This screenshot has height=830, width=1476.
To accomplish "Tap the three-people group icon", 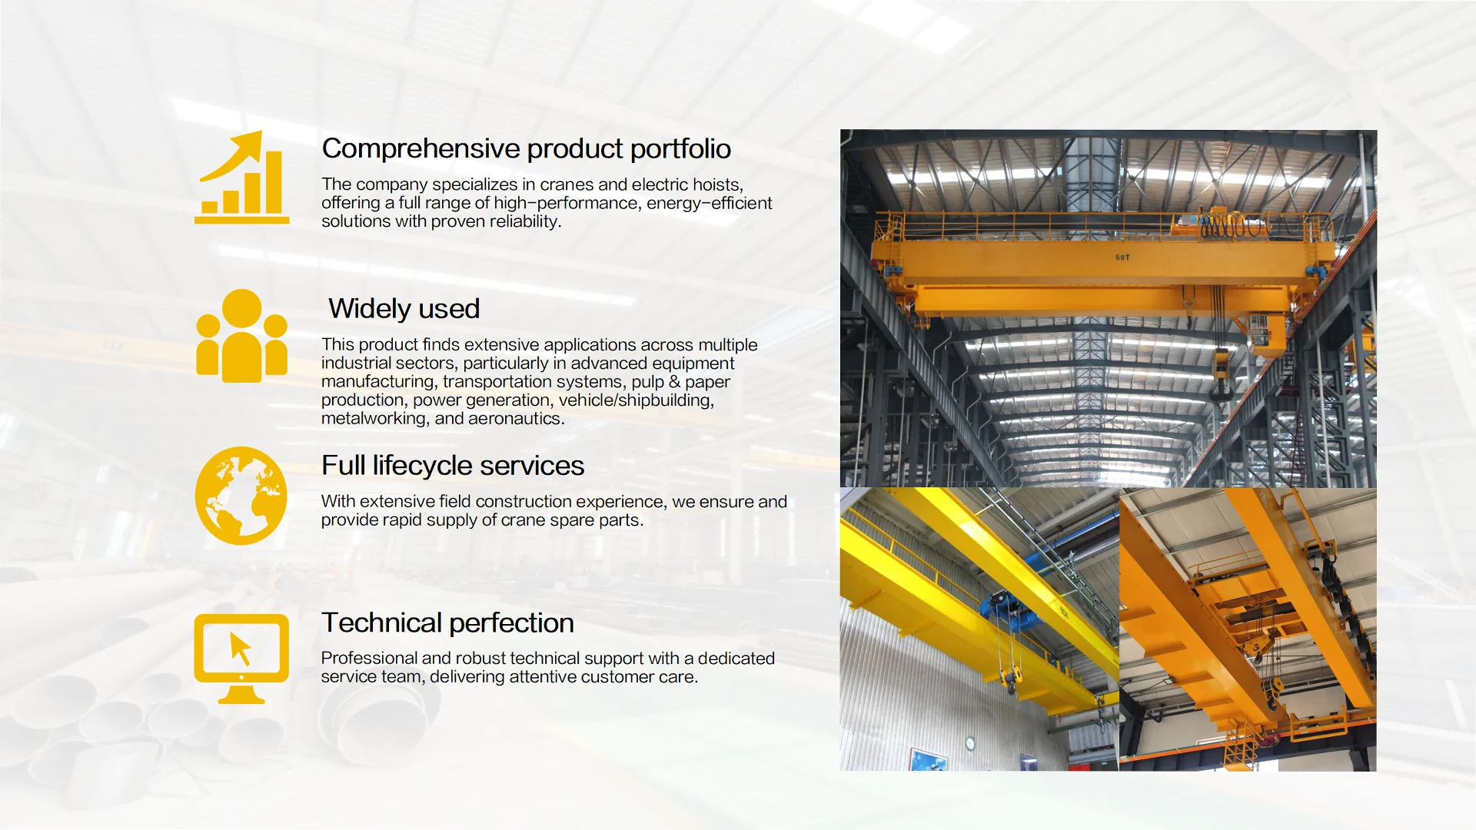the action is (x=241, y=336).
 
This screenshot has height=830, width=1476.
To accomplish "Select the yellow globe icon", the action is (x=241, y=496).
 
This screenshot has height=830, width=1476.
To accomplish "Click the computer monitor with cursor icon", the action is (x=241, y=659).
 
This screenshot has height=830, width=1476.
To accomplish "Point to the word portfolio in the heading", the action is (x=680, y=149).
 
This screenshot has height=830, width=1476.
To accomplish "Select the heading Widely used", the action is (x=404, y=309).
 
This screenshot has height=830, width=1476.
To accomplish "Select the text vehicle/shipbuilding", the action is (x=637, y=400).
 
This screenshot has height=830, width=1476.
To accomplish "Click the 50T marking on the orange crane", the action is (x=1122, y=257).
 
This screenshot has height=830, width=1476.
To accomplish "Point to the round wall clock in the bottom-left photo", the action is (x=970, y=743).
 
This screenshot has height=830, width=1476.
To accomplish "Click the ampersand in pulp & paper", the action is (x=674, y=382).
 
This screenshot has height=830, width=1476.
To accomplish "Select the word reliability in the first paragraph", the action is (x=526, y=222).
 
